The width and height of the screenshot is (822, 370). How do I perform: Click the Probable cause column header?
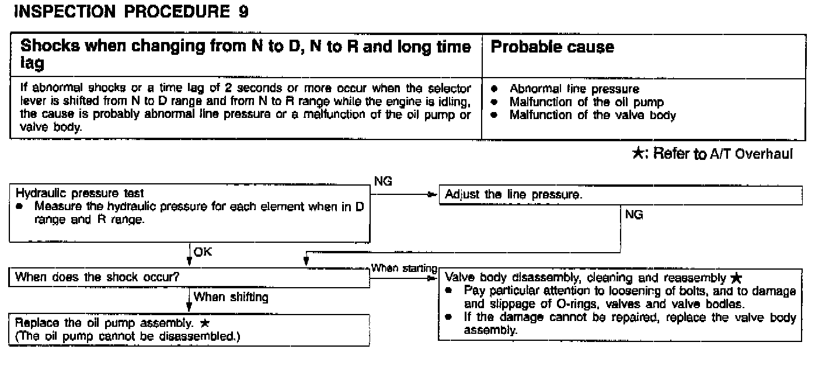click(552, 47)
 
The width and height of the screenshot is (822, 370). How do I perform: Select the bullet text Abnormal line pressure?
click(574, 89)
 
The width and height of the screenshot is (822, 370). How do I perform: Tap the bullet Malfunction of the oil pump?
click(586, 102)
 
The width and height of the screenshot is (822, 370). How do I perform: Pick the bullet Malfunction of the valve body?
click(593, 115)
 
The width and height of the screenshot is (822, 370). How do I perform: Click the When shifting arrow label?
click(231, 298)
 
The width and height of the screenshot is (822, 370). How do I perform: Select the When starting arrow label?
click(404, 267)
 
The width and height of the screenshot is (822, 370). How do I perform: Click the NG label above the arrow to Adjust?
click(383, 182)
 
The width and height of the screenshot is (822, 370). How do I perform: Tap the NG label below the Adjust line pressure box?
click(634, 215)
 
